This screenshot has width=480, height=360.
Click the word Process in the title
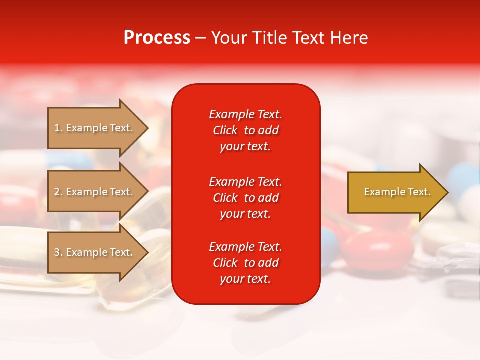coord(157,38)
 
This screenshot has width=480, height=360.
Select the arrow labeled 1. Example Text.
coord(95,128)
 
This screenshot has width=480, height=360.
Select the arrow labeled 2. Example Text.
coord(95,192)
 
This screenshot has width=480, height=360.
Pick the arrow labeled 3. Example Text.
coord(95,252)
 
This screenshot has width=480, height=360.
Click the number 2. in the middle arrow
coord(58,192)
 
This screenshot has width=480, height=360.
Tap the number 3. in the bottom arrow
coord(58,252)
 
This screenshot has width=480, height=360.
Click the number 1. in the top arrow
coord(58,128)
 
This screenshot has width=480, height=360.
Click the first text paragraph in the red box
coord(245,130)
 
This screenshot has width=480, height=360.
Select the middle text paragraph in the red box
coord(245,198)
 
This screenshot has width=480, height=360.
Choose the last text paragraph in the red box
coord(245,263)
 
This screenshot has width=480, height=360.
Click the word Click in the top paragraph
coord(225,130)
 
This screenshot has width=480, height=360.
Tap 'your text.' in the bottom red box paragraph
coord(245,279)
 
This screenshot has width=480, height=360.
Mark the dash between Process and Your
coord(201,38)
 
